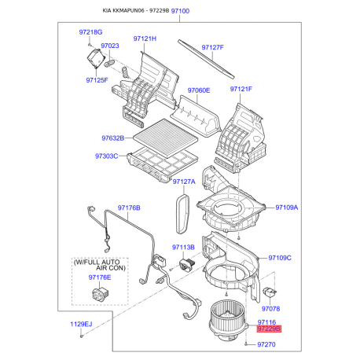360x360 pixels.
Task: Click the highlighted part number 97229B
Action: (269, 329)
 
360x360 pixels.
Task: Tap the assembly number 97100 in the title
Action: (180, 11)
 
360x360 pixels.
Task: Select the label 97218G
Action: (90, 32)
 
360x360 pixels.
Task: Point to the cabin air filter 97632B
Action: (166, 138)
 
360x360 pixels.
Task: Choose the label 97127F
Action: (213, 47)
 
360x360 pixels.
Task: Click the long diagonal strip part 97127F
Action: (206, 59)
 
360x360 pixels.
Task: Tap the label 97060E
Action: (199, 90)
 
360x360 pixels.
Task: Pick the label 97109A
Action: (287, 208)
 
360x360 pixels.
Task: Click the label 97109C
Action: (280, 258)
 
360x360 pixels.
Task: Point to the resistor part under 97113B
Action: (187, 265)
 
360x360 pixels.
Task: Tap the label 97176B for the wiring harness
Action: (129, 208)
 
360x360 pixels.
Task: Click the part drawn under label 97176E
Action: (101, 293)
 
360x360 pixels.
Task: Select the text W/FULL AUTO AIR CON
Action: (100, 265)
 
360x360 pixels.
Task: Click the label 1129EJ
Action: (81, 324)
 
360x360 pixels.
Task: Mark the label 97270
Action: (266, 344)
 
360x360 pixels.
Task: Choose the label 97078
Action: (270, 309)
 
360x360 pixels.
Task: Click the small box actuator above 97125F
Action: (96, 58)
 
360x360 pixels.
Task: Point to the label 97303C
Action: (106, 156)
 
